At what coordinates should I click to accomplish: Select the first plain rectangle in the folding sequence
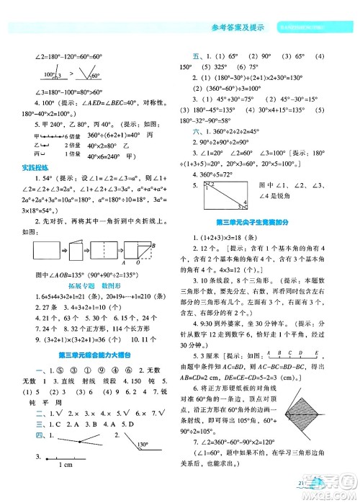pyautogui.click(x=40, y=251)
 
